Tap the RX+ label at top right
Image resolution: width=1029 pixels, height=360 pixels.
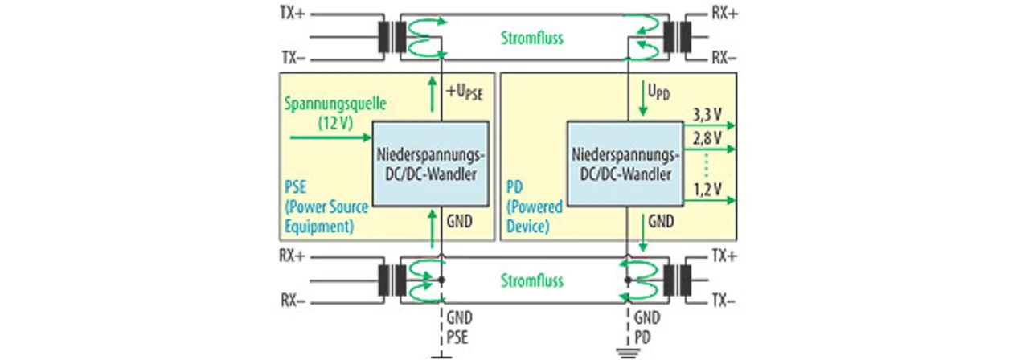tap(724, 14)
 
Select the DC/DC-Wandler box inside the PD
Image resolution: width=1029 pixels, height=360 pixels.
tap(625, 163)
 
